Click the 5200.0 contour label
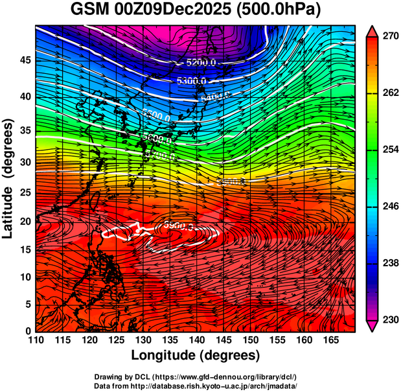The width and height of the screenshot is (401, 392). coord(201,63)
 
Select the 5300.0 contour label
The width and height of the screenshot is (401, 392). coord(192,81)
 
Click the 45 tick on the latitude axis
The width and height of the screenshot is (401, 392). coord(24,60)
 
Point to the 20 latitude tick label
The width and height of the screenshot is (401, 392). coord(24,221)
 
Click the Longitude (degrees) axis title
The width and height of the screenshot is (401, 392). coord(196,356)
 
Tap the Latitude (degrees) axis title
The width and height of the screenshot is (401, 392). coord(8,178)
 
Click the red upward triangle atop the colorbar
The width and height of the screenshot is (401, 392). coord(372,30)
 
